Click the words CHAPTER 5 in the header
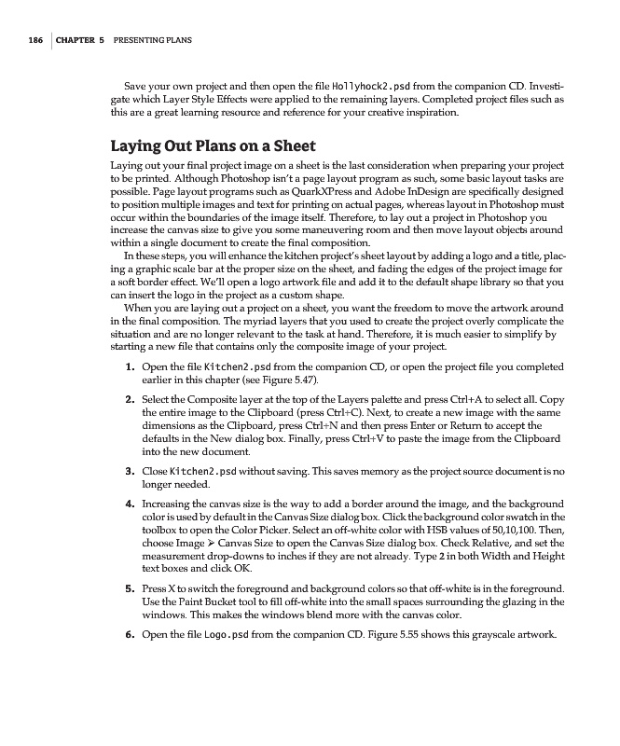[x=80, y=41]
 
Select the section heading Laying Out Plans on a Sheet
[x=214, y=146]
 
